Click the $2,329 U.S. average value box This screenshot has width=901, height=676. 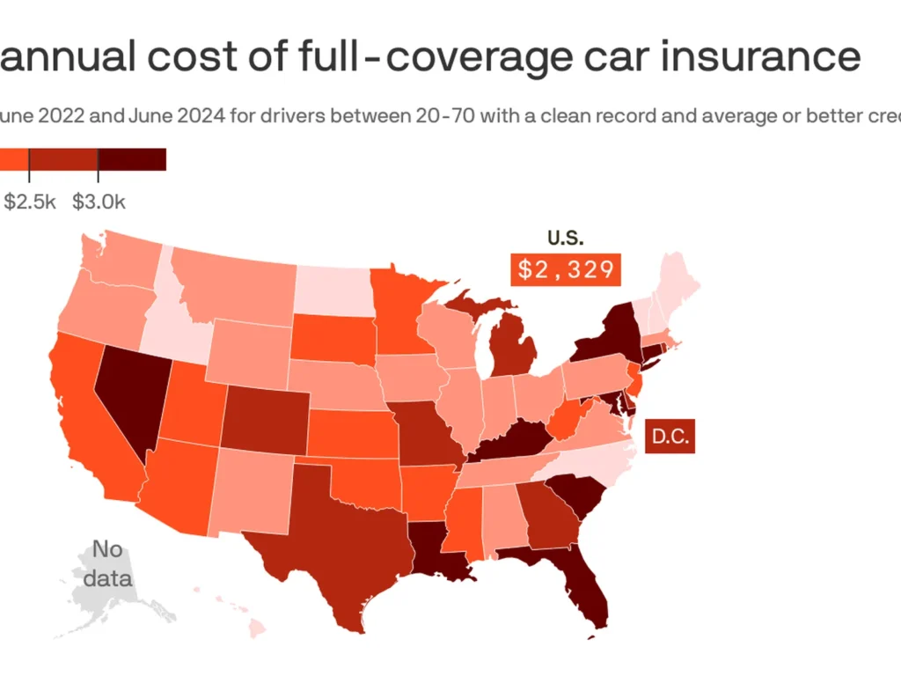coord(566,268)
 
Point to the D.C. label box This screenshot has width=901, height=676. coord(670,436)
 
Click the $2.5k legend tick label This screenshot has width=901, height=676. coord(30,202)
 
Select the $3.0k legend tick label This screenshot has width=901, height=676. coord(99,202)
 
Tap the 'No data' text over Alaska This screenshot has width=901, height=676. coord(108,564)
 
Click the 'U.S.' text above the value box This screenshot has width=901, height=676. coord(565,238)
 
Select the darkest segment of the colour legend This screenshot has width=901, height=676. coord(132,158)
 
